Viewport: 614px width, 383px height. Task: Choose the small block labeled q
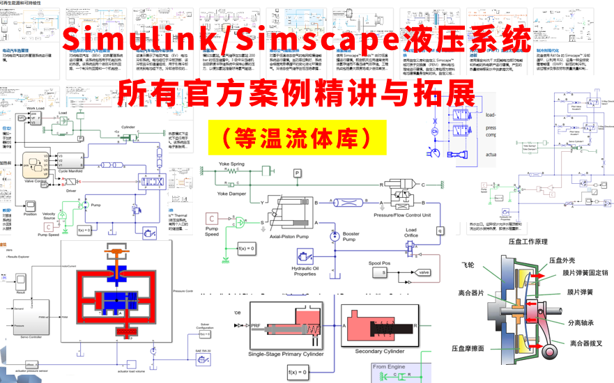[x=439, y=230]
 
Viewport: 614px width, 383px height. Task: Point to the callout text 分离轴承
[x=584, y=322]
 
